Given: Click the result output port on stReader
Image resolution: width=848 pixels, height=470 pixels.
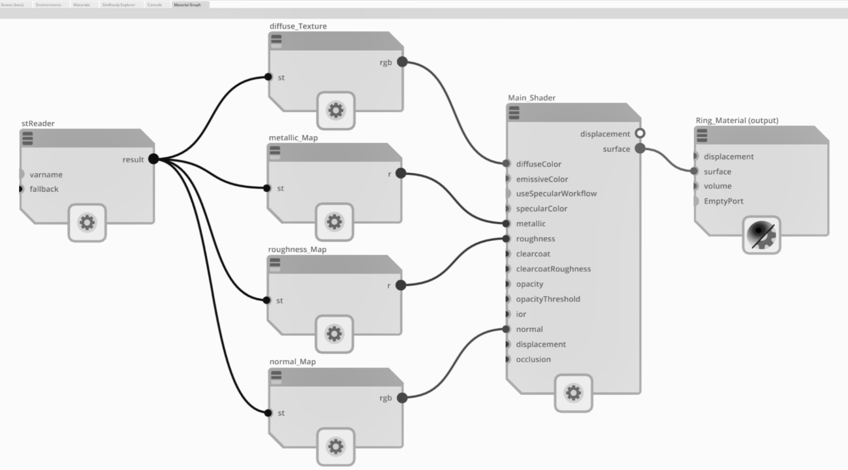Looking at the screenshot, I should pos(154,159).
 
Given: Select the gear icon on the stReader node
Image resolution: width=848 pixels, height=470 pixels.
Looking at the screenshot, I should pos(87,223).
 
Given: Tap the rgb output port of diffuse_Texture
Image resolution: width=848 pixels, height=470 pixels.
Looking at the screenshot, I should pos(402,62).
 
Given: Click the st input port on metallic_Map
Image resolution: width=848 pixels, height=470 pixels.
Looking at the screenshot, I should pos(267,188).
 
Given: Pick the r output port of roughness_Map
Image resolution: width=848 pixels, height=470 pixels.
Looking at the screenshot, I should pos(401,285).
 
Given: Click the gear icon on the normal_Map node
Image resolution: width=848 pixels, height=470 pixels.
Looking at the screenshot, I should pos(336,446).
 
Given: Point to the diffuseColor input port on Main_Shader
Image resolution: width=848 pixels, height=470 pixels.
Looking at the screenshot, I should pos(506,163).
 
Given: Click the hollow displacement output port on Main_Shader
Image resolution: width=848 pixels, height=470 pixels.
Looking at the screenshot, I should pos(640,134).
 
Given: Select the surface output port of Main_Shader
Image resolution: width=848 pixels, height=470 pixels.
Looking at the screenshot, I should pos(640,148).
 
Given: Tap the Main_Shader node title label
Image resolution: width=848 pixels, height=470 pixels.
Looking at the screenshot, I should pos(532,98).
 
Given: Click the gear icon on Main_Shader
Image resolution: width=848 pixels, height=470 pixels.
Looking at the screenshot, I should pos(573,393).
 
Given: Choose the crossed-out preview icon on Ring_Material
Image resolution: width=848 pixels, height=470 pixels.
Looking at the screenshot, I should pos(761,235).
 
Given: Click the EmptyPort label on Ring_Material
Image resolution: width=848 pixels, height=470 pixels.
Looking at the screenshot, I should pos(723,201).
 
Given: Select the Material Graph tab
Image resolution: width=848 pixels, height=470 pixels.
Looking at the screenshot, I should pos(187,5).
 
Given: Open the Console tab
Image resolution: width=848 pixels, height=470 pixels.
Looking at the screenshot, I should pos(154,5).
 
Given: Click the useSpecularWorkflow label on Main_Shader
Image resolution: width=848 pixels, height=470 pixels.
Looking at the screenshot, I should pos(556,193).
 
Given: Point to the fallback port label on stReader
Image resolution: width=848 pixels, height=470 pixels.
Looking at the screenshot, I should pos(44,189).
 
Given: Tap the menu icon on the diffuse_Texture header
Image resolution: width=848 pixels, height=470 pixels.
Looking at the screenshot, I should pos(276,39).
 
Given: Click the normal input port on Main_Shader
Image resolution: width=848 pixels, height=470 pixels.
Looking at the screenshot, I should pos(506,329).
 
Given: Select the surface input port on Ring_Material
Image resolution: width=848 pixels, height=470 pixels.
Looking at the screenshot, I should pos(694,171).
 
